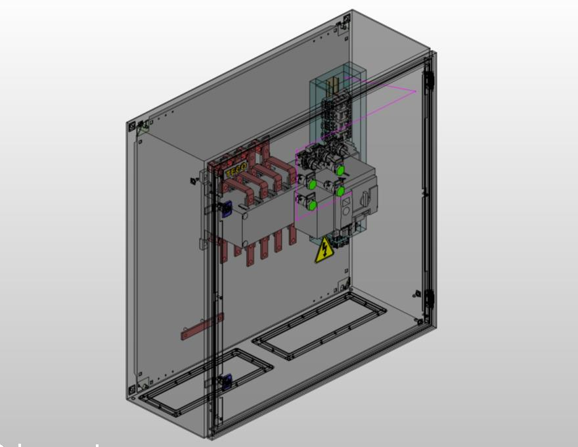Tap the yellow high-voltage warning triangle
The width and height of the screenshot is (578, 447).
(x=324, y=251)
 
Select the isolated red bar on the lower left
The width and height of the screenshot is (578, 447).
(x=202, y=327)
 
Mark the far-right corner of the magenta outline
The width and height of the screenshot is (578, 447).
(x=416, y=91)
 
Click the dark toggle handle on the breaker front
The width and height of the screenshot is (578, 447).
(x=373, y=193)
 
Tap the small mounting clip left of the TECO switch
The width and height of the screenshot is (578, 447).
(x=194, y=179)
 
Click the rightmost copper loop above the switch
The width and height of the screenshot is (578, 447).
(x=280, y=177)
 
